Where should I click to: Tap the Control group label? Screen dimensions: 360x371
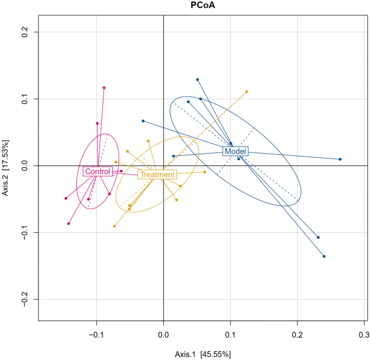[x=97, y=172]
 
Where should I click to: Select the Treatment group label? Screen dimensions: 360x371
[x=157, y=174]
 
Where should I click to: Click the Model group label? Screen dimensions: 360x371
[x=236, y=151]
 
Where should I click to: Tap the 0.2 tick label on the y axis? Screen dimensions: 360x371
[x=25, y=32]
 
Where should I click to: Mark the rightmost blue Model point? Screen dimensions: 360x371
[x=340, y=159]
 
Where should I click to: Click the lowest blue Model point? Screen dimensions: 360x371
[x=324, y=256]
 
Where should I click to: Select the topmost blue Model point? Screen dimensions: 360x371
[x=198, y=80]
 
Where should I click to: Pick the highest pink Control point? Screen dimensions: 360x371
[x=104, y=88]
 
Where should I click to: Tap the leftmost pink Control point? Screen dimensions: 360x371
[x=66, y=198]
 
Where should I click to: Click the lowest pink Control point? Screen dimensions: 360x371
[x=68, y=224]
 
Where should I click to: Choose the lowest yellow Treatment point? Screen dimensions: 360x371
[x=114, y=226]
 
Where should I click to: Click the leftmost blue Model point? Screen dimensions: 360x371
[x=143, y=121]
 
